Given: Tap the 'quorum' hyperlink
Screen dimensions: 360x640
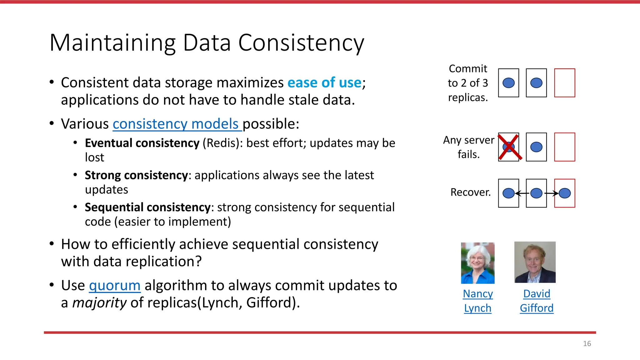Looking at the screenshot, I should (115, 286).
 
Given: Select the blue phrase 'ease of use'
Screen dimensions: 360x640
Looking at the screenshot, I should (324, 83).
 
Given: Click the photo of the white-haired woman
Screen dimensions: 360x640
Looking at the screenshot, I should (477, 263).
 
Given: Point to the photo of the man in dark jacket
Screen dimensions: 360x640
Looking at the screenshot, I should (535, 262).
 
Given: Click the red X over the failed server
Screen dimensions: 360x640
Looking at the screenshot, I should (509, 147).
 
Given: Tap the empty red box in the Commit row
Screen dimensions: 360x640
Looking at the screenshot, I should (564, 83).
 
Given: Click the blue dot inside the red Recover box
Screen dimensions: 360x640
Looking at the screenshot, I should (565, 193).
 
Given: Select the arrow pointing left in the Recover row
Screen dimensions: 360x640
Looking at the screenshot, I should (522, 193).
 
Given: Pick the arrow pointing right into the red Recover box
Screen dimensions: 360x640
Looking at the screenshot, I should (552, 193).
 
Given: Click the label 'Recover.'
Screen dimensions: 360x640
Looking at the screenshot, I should (470, 192).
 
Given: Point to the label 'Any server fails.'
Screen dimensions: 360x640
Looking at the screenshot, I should (468, 147).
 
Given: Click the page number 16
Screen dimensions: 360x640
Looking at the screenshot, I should (587, 344).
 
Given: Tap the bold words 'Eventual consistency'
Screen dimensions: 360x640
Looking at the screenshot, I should (142, 143).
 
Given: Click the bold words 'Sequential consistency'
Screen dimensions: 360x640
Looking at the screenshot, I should (147, 207).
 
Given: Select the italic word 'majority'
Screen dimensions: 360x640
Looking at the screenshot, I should (99, 303).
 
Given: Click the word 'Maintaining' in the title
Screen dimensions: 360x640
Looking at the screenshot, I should (112, 43).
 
